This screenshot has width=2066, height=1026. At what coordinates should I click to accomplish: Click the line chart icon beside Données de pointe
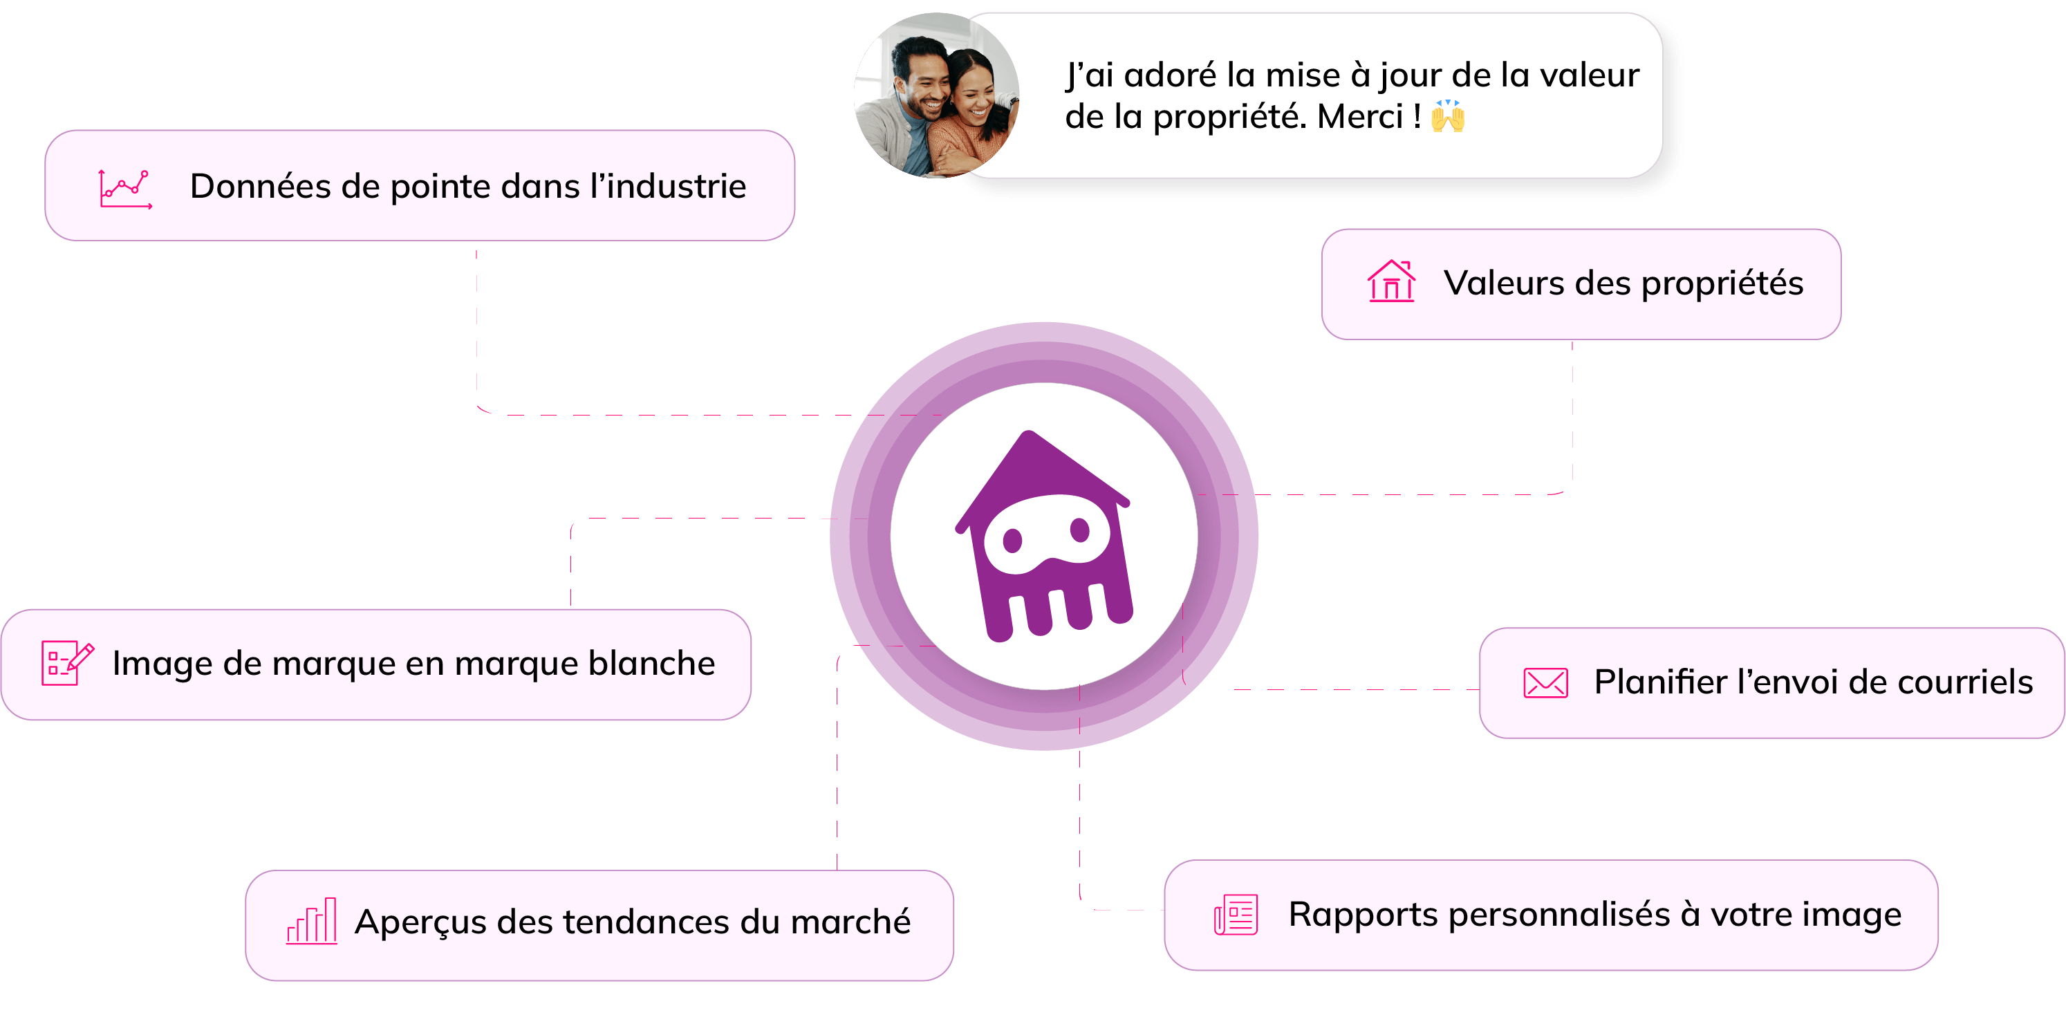point(124,189)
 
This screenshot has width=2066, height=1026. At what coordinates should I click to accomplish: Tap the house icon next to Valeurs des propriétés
point(1390,281)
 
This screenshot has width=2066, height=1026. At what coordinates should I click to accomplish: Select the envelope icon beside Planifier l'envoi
point(1545,682)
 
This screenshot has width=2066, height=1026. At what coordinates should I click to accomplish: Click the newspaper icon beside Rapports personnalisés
point(1235,915)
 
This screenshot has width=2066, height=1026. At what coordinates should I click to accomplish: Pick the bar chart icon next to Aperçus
point(312,921)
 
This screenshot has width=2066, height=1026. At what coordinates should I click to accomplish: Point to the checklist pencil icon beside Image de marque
point(67,662)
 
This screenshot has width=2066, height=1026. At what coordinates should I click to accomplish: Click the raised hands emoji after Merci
point(1448,116)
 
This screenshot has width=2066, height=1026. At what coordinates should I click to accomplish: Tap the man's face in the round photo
point(922,80)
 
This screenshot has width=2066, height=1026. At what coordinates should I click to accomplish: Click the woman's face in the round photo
point(973,92)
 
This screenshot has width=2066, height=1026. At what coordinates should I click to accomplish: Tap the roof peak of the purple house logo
point(1029,437)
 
